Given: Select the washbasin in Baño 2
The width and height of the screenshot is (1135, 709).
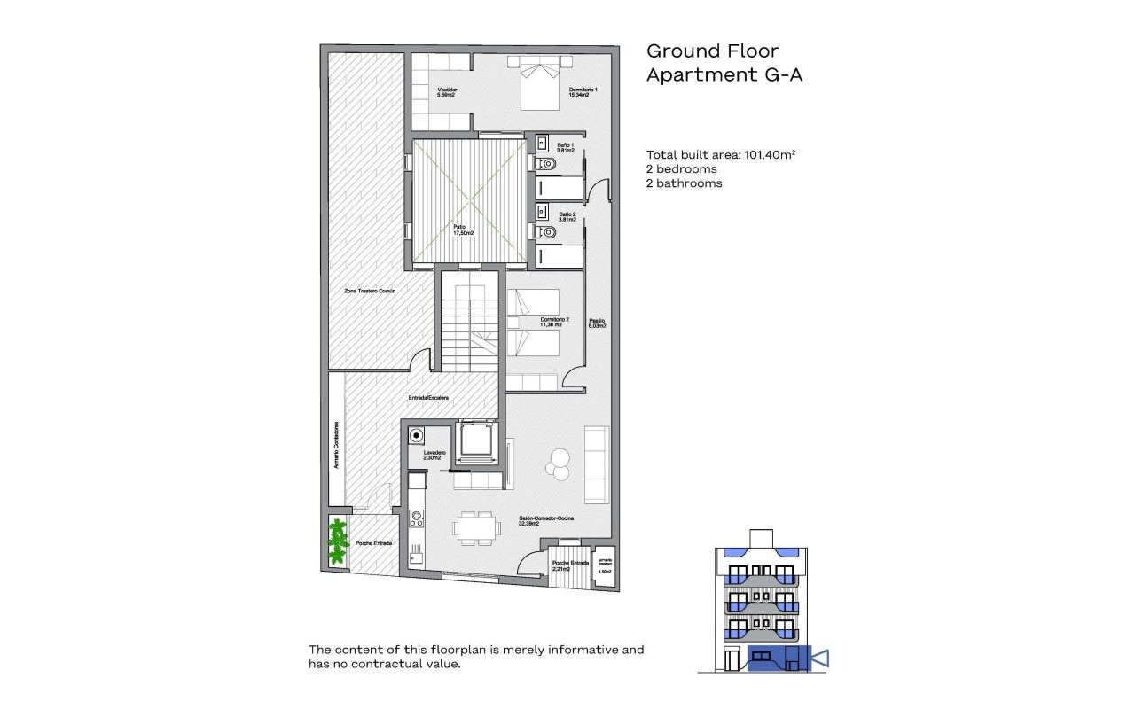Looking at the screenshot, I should (540, 213).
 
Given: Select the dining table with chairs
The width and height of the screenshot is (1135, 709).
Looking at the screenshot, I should (475, 528).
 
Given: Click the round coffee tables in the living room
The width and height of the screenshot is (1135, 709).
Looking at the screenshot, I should (559, 460).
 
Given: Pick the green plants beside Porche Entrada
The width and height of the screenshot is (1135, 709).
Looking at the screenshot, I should (337, 542).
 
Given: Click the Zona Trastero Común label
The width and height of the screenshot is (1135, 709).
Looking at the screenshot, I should (371, 291).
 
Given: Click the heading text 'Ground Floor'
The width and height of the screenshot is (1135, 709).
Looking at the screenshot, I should (712, 51).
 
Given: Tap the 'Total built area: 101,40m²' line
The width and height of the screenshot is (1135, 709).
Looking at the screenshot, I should (720, 154).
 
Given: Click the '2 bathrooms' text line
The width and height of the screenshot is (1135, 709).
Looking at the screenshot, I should (684, 183).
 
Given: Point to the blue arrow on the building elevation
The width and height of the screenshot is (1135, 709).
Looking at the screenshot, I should (820, 658).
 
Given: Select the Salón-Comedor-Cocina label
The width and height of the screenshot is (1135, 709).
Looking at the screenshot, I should (546, 521).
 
